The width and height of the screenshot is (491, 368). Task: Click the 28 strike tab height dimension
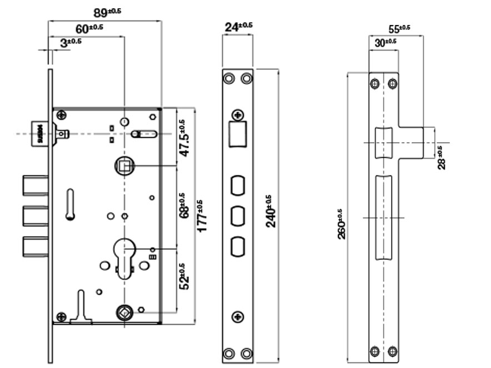click(442, 158)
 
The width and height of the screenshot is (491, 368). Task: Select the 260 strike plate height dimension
click(342, 225)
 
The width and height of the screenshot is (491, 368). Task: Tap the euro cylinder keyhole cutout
click(125, 253)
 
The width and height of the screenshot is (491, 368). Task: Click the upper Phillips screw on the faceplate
click(238, 115)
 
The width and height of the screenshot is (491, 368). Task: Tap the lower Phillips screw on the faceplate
click(238, 317)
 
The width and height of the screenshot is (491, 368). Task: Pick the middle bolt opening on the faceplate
click(238, 215)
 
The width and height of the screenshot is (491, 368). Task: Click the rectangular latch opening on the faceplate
click(238, 134)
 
